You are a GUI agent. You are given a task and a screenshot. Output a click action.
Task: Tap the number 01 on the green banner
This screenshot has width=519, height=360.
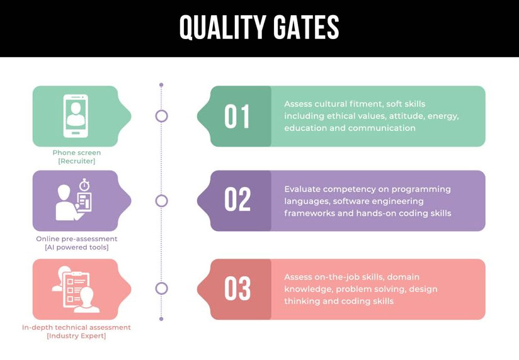pyautogui.click(x=237, y=116)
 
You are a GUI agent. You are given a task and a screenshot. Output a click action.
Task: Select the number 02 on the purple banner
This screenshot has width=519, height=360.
pyautogui.click(x=237, y=199)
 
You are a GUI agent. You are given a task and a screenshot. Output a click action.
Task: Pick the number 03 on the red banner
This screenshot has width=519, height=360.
pyautogui.click(x=237, y=288)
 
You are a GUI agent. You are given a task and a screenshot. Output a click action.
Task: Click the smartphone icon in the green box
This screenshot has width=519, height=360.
pyautogui.click(x=76, y=116)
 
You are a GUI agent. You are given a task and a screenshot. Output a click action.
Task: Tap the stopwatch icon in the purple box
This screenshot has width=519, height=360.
pyautogui.click(x=84, y=184)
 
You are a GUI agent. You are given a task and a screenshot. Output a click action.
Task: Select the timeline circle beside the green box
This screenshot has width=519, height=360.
pyautogui.click(x=161, y=116)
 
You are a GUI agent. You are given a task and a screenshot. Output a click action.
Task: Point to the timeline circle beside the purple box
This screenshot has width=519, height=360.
pyautogui.click(x=161, y=201)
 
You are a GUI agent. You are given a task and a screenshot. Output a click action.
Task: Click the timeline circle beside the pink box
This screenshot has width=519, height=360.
pyautogui.click(x=161, y=288)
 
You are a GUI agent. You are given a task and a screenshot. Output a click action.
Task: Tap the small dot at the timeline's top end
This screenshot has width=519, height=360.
pyautogui.click(x=161, y=85)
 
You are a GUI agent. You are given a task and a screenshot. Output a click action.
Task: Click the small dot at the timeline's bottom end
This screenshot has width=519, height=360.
pyautogui.click(x=161, y=319)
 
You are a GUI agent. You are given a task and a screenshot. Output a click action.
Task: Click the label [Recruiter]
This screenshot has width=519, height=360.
pyautogui.click(x=77, y=161)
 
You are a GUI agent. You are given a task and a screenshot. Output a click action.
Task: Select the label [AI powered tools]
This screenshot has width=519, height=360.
pyautogui.click(x=77, y=247)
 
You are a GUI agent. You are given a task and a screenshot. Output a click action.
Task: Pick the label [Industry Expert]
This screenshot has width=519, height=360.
pyautogui.click(x=76, y=336)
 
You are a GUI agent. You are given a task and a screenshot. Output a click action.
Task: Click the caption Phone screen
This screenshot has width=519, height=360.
pyautogui.click(x=77, y=153)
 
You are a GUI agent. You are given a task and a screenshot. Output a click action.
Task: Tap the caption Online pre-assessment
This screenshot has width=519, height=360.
pyautogui.click(x=77, y=239)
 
